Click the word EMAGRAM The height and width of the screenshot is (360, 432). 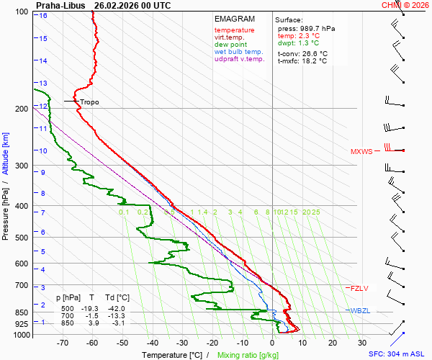(234, 19)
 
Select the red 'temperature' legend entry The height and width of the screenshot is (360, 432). (234, 30)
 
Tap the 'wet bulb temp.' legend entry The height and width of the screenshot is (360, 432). (238, 52)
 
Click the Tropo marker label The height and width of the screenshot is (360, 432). (89, 102)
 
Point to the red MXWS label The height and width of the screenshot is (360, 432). (362, 152)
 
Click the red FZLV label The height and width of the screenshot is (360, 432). (359, 288)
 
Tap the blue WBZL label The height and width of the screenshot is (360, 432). (360, 310)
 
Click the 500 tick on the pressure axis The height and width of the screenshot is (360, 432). (21, 238)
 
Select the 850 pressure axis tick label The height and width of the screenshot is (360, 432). (21, 312)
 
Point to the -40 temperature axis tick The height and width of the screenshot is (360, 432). (152, 343)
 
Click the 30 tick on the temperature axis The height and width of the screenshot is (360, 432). (362, 343)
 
